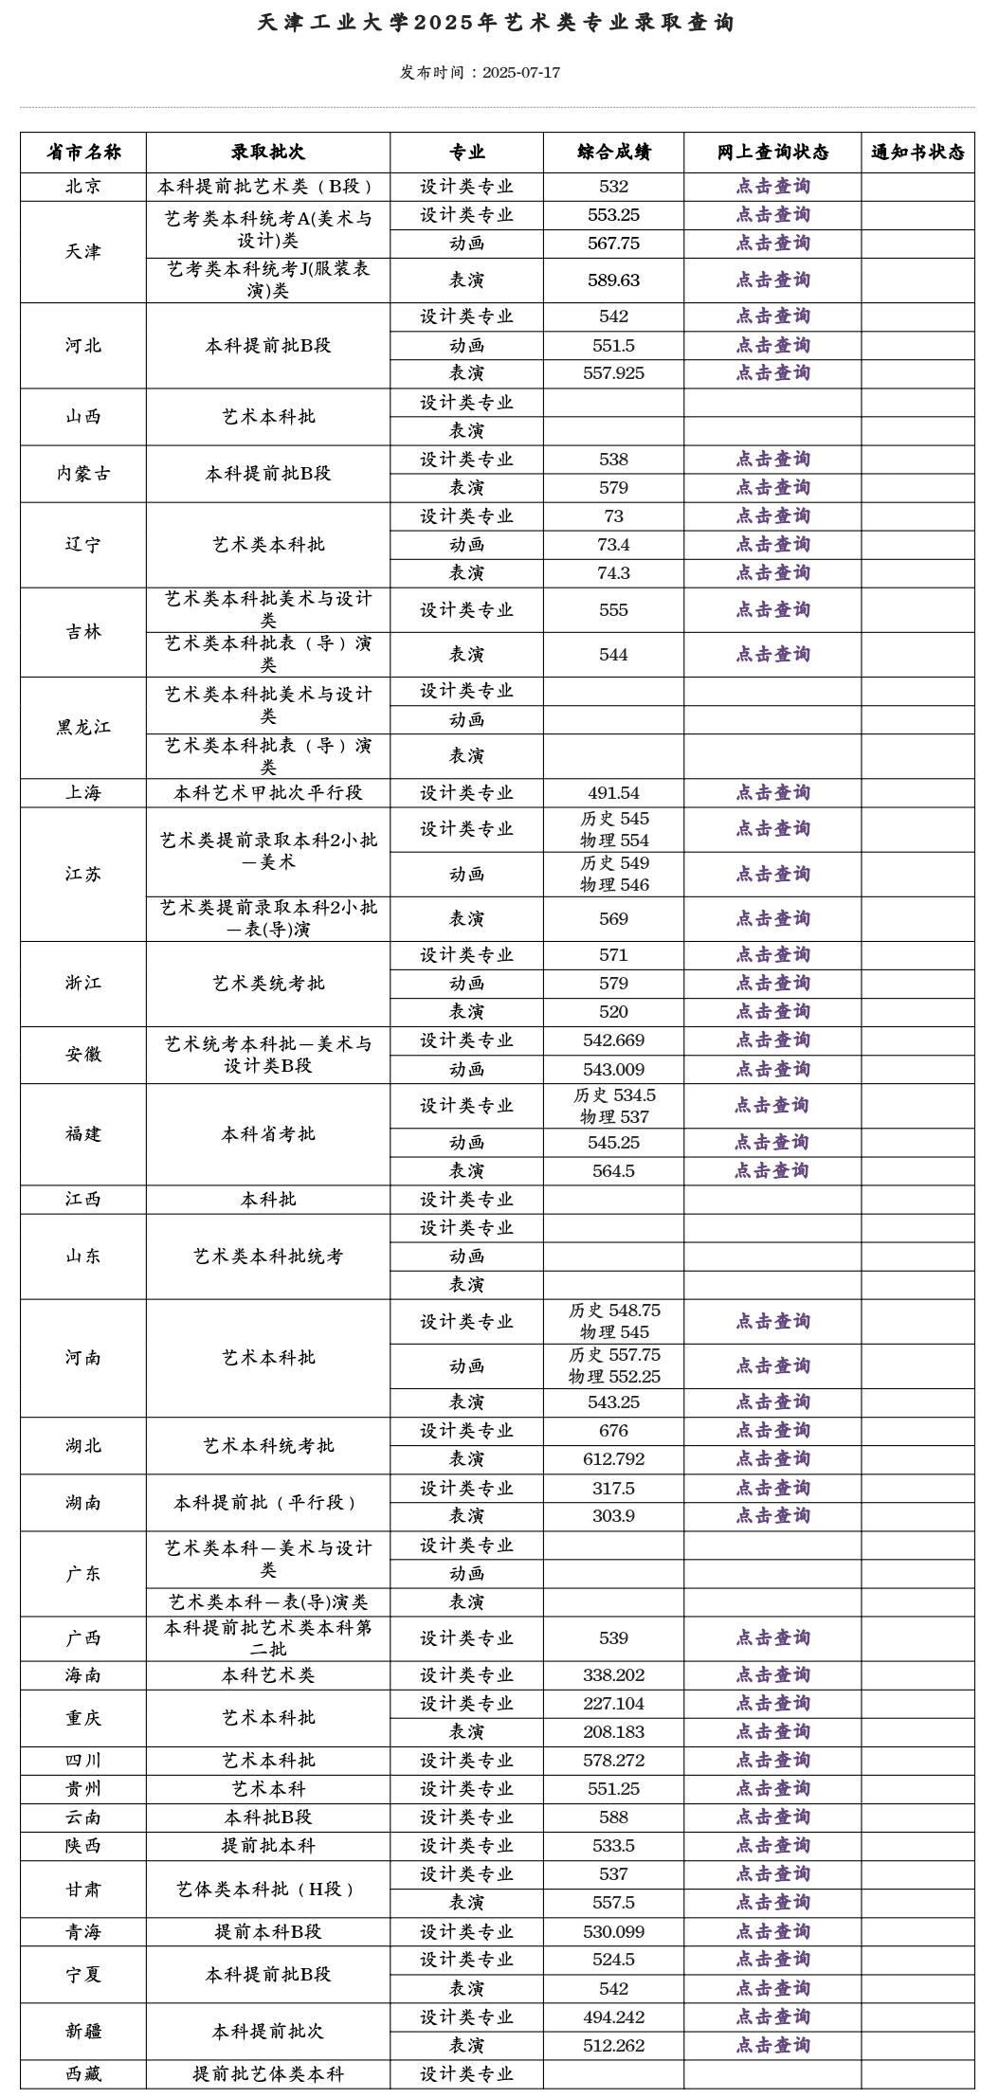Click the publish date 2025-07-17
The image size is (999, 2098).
pos(520,73)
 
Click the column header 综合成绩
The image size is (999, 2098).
pos(613,153)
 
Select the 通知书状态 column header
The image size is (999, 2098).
pos(917,153)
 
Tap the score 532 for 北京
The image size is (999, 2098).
pos(613,187)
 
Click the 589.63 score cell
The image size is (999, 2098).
pos(613,280)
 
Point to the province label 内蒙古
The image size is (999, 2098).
pos(83,474)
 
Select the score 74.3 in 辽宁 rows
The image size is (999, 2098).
pos(613,573)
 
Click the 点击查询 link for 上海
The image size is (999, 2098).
pos(772,793)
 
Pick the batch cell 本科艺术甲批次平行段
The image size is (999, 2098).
pos(267,793)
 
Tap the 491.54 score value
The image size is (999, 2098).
pos(613,793)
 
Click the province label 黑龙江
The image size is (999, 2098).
pos(83,728)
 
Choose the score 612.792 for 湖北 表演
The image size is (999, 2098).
pos(613,1459)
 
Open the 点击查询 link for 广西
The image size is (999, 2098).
pos(772,1638)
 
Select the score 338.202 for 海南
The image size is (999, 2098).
pos(613,1675)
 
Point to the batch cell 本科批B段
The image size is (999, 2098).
pos(267,1818)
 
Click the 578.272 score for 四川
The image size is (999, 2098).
pos(613,1761)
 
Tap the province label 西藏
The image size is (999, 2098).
pos(83,2074)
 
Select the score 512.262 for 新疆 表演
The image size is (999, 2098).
pos(613,2046)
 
